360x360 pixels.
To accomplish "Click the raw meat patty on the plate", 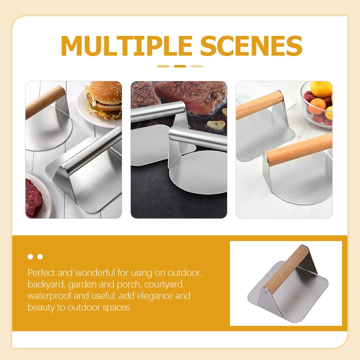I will tap(34, 198).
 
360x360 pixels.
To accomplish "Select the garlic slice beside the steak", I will tap(216, 125).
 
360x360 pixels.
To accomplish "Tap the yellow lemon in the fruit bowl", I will tap(321, 89).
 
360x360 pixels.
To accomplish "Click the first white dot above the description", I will tap(31, 257).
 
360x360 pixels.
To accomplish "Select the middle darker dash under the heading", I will tap(180, 66).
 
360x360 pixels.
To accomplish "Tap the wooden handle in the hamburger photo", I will tap(45, 102).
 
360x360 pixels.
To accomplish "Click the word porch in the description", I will tap(128, 285).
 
